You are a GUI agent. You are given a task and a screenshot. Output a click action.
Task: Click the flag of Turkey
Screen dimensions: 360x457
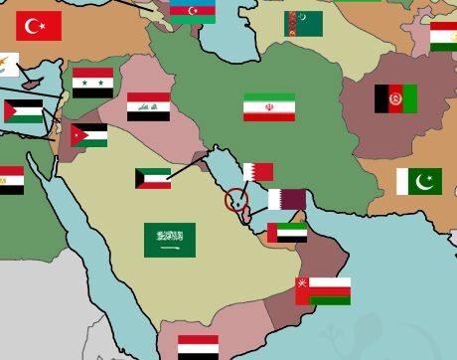pyautogui.click(x=39, y=26)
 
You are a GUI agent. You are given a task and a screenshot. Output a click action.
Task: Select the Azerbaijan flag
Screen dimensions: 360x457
pyautogui.click(x=192, y=11)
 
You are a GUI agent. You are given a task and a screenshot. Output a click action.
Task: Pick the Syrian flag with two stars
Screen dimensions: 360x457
pyautogui.click(x=93, y=82)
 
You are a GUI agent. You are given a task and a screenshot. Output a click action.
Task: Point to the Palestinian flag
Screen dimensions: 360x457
pyautogui.click(x=24, y=111)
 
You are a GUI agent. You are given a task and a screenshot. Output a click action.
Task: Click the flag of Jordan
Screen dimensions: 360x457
pyautogui.click(x=88, y=134)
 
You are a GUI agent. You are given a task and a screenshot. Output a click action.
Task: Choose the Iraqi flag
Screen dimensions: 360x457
pyautogui.click(x=148, y=106)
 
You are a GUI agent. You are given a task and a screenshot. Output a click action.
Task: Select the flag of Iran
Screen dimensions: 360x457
pyautogui.click(x=269, y=107)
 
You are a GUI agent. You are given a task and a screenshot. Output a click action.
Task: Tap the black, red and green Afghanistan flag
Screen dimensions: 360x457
pyautogui.click(x=395, y=98)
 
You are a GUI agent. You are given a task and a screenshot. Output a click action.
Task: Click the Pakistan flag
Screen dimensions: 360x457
pyautogui.click(x=419, y=181)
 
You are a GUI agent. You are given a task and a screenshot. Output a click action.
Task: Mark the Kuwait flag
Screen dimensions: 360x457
pyautogui.click(x=153, y=179)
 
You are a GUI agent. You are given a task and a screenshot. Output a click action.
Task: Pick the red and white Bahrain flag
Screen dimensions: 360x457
pyautogui.click(x=258, y=172)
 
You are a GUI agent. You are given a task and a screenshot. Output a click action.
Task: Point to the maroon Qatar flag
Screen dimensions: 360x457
pyautogui.click(x=287, y=199)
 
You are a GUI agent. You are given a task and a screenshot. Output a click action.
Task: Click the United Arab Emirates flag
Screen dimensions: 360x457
pyautogui.click(x=287, y=233)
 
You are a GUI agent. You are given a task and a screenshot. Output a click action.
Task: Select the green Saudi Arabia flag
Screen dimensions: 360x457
pyautogui.click(x=170, y=240)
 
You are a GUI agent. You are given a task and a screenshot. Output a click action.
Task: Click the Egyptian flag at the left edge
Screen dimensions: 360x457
pyautogui.click(x=10, y=180)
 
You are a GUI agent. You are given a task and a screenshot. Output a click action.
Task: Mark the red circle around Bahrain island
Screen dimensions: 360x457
pyautogui.click(x=235, y=199)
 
